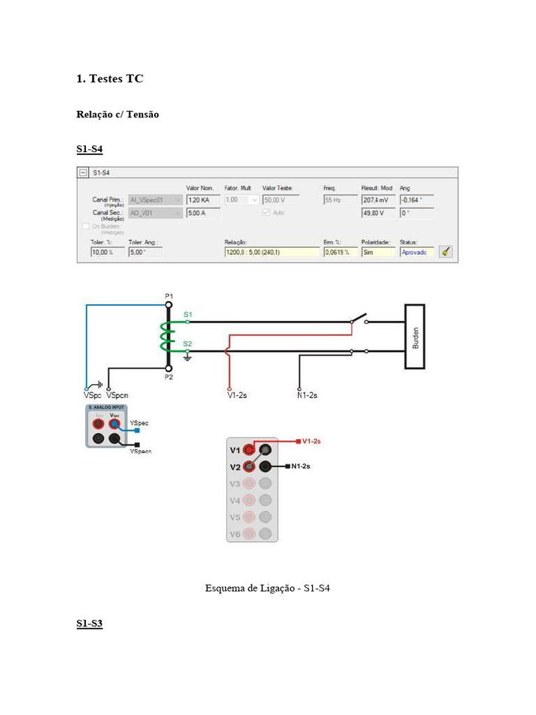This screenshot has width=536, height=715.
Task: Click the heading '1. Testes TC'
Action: click(110, 79)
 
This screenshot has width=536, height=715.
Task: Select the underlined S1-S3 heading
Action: click(89, 624)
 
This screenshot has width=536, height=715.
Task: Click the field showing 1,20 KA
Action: click(202, 200)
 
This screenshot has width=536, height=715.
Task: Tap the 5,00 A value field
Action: click(202, 213)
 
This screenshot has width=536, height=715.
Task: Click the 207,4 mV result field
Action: click(378, 200)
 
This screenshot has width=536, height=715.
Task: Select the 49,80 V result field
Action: click(378, 213)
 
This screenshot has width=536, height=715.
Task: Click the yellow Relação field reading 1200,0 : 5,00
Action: click(271, 252)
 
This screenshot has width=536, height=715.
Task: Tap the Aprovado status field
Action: click(417, 252)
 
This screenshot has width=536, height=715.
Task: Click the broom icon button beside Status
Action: click(445, 252)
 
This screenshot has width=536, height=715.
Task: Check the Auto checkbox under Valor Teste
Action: click(265, 213)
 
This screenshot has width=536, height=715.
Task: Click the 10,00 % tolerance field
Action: click(107, 252)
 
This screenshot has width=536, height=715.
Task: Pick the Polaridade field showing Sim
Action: click(378, 252)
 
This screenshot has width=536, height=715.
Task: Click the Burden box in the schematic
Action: click(415, 337)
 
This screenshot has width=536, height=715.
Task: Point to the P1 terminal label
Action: click(169, 296)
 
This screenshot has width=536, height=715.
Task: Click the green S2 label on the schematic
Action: click(187, 344)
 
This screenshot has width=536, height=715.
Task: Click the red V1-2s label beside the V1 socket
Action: click(311, 441)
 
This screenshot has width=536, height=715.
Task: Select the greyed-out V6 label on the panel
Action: click(234, 534)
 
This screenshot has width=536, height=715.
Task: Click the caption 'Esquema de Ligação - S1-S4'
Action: click(267, 589)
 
